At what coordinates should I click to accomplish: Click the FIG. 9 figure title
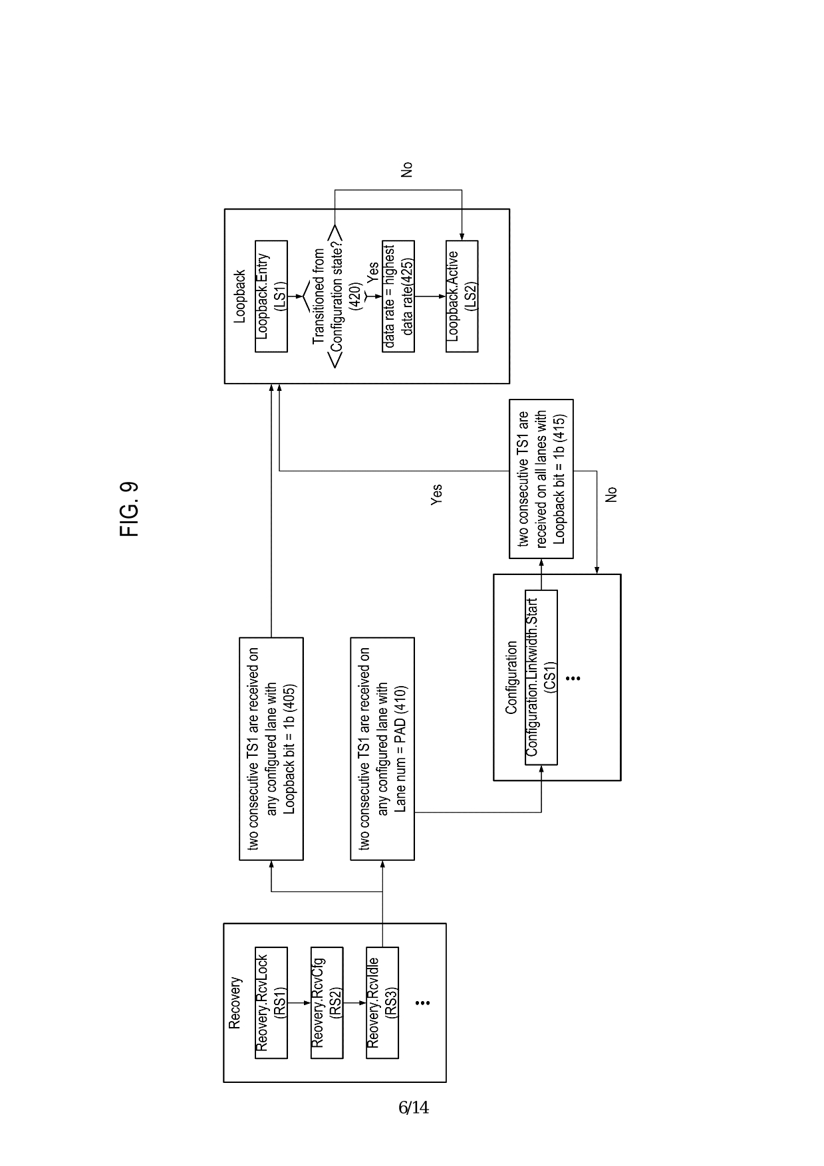pos(130,509)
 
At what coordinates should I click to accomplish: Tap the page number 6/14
pos(413,1108)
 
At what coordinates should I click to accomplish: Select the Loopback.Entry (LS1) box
pos(271,296)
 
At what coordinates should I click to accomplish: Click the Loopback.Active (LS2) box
pos(462,296)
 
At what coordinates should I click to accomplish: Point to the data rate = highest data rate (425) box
pos(398,296)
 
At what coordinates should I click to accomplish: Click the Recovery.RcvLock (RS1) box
pos(271,1002)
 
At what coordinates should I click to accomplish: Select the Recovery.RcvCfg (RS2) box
pos(327,1002)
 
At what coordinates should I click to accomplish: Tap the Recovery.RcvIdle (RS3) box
pos(382,1002)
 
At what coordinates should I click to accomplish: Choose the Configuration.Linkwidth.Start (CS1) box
pos(541,677)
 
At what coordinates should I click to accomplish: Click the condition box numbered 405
pos(271,749)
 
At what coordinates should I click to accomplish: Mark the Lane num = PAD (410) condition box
pos(382,749)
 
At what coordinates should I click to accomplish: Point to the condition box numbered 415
pos(541,479)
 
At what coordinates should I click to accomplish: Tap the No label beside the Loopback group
pos(407,170)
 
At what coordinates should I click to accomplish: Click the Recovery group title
pos(235,1002)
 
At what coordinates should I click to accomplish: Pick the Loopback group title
pos(240,296)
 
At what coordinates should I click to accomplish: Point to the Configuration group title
pos(511,677)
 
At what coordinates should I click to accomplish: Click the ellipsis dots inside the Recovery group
pos(422,1002)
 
